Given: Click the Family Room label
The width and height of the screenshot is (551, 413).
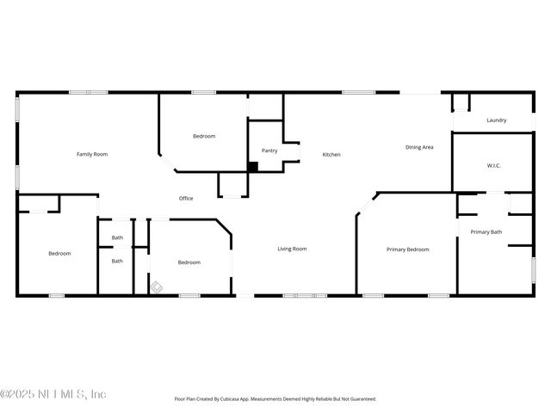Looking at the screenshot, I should pos(92,154).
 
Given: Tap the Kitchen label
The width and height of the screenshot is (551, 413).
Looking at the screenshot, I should pos(331,155).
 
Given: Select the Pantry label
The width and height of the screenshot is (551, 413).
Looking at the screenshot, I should pos(269,151).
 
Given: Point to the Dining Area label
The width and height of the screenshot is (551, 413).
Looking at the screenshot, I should pos(419,147).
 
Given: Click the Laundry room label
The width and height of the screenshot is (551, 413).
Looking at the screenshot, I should pos(496,120).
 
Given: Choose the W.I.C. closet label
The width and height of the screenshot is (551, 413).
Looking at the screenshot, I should pos(493,165).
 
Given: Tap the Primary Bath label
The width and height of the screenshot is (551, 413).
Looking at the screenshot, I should pos(486,231).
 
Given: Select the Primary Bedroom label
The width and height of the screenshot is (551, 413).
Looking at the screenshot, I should pos(407,250).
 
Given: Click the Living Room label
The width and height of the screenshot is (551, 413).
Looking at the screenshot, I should pos(292,249).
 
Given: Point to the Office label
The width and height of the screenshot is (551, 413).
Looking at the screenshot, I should pos(186,199).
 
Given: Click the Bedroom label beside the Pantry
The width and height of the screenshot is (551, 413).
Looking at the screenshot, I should pos(204,136).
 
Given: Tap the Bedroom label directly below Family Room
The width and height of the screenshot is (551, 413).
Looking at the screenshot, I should pos(59,253).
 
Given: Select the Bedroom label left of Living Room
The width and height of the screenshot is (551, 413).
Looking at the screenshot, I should pos(189,262).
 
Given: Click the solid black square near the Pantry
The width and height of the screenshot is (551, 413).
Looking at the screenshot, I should pos(253,167).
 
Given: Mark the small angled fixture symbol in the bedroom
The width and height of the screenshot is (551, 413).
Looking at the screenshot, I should pos(157,288).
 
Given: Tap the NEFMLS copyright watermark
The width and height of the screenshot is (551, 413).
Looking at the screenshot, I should pos(53,394).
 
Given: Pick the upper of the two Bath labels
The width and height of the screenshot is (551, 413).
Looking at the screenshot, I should pos(117,237).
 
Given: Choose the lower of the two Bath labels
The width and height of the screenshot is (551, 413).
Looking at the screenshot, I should pos(117,261).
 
